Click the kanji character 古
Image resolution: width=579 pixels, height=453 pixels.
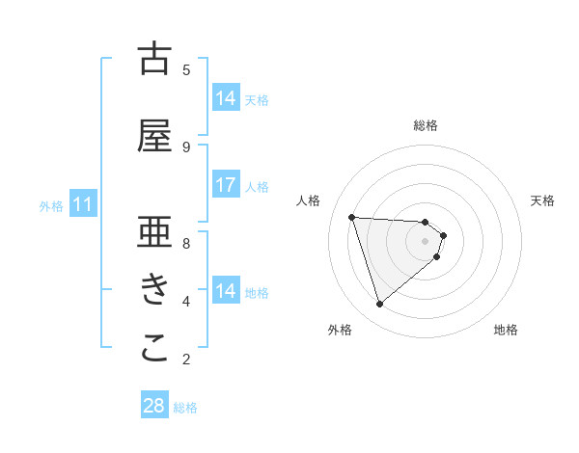click(x=154, y=59)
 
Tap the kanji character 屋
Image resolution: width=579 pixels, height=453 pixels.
click(x=154, y=137)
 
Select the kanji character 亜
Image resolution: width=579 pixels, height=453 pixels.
click(x=154, y=233)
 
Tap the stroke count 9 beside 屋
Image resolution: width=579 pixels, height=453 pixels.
click(x=186, y=147)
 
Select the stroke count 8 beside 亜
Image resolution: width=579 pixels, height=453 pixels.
click(x=186, y=243)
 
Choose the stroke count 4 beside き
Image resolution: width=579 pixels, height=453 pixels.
click(x=186, y=302)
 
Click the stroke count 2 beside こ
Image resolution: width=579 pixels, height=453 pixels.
click(x=186, y=360)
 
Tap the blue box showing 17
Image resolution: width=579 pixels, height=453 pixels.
click(x=226, y=185)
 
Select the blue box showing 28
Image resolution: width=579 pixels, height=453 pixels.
click(x=154, y=406)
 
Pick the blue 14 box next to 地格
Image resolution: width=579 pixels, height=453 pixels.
click(x=226, y=291)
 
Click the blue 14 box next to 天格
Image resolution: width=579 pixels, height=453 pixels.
click(x=226, y=98)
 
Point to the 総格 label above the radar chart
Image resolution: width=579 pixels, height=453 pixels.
click(x=426, y=125)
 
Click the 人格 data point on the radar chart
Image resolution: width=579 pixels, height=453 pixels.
click(x=352, y=217)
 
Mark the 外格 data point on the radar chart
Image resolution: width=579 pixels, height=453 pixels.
click(x=379, y=305)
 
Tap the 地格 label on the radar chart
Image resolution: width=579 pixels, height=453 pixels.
click(x=506, y=330)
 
